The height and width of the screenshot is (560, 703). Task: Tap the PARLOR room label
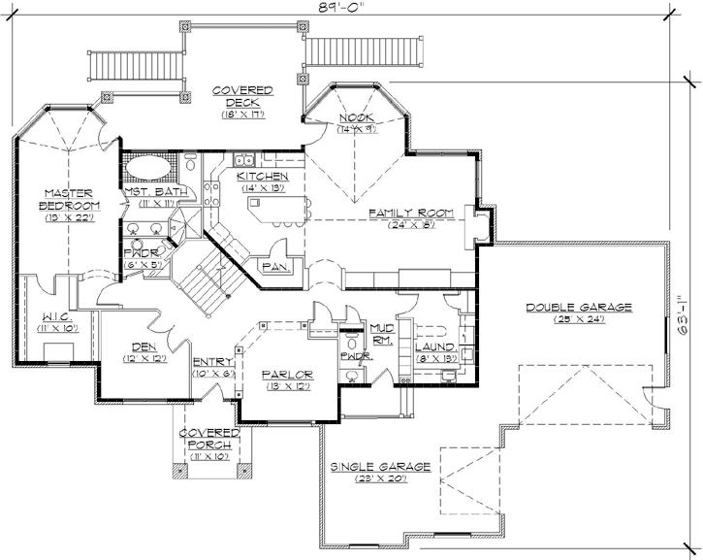(x=287, y=375)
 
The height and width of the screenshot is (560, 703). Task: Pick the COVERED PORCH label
(x=209, y=437)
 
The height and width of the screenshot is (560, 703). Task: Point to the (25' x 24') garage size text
(x=579, y=319)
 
